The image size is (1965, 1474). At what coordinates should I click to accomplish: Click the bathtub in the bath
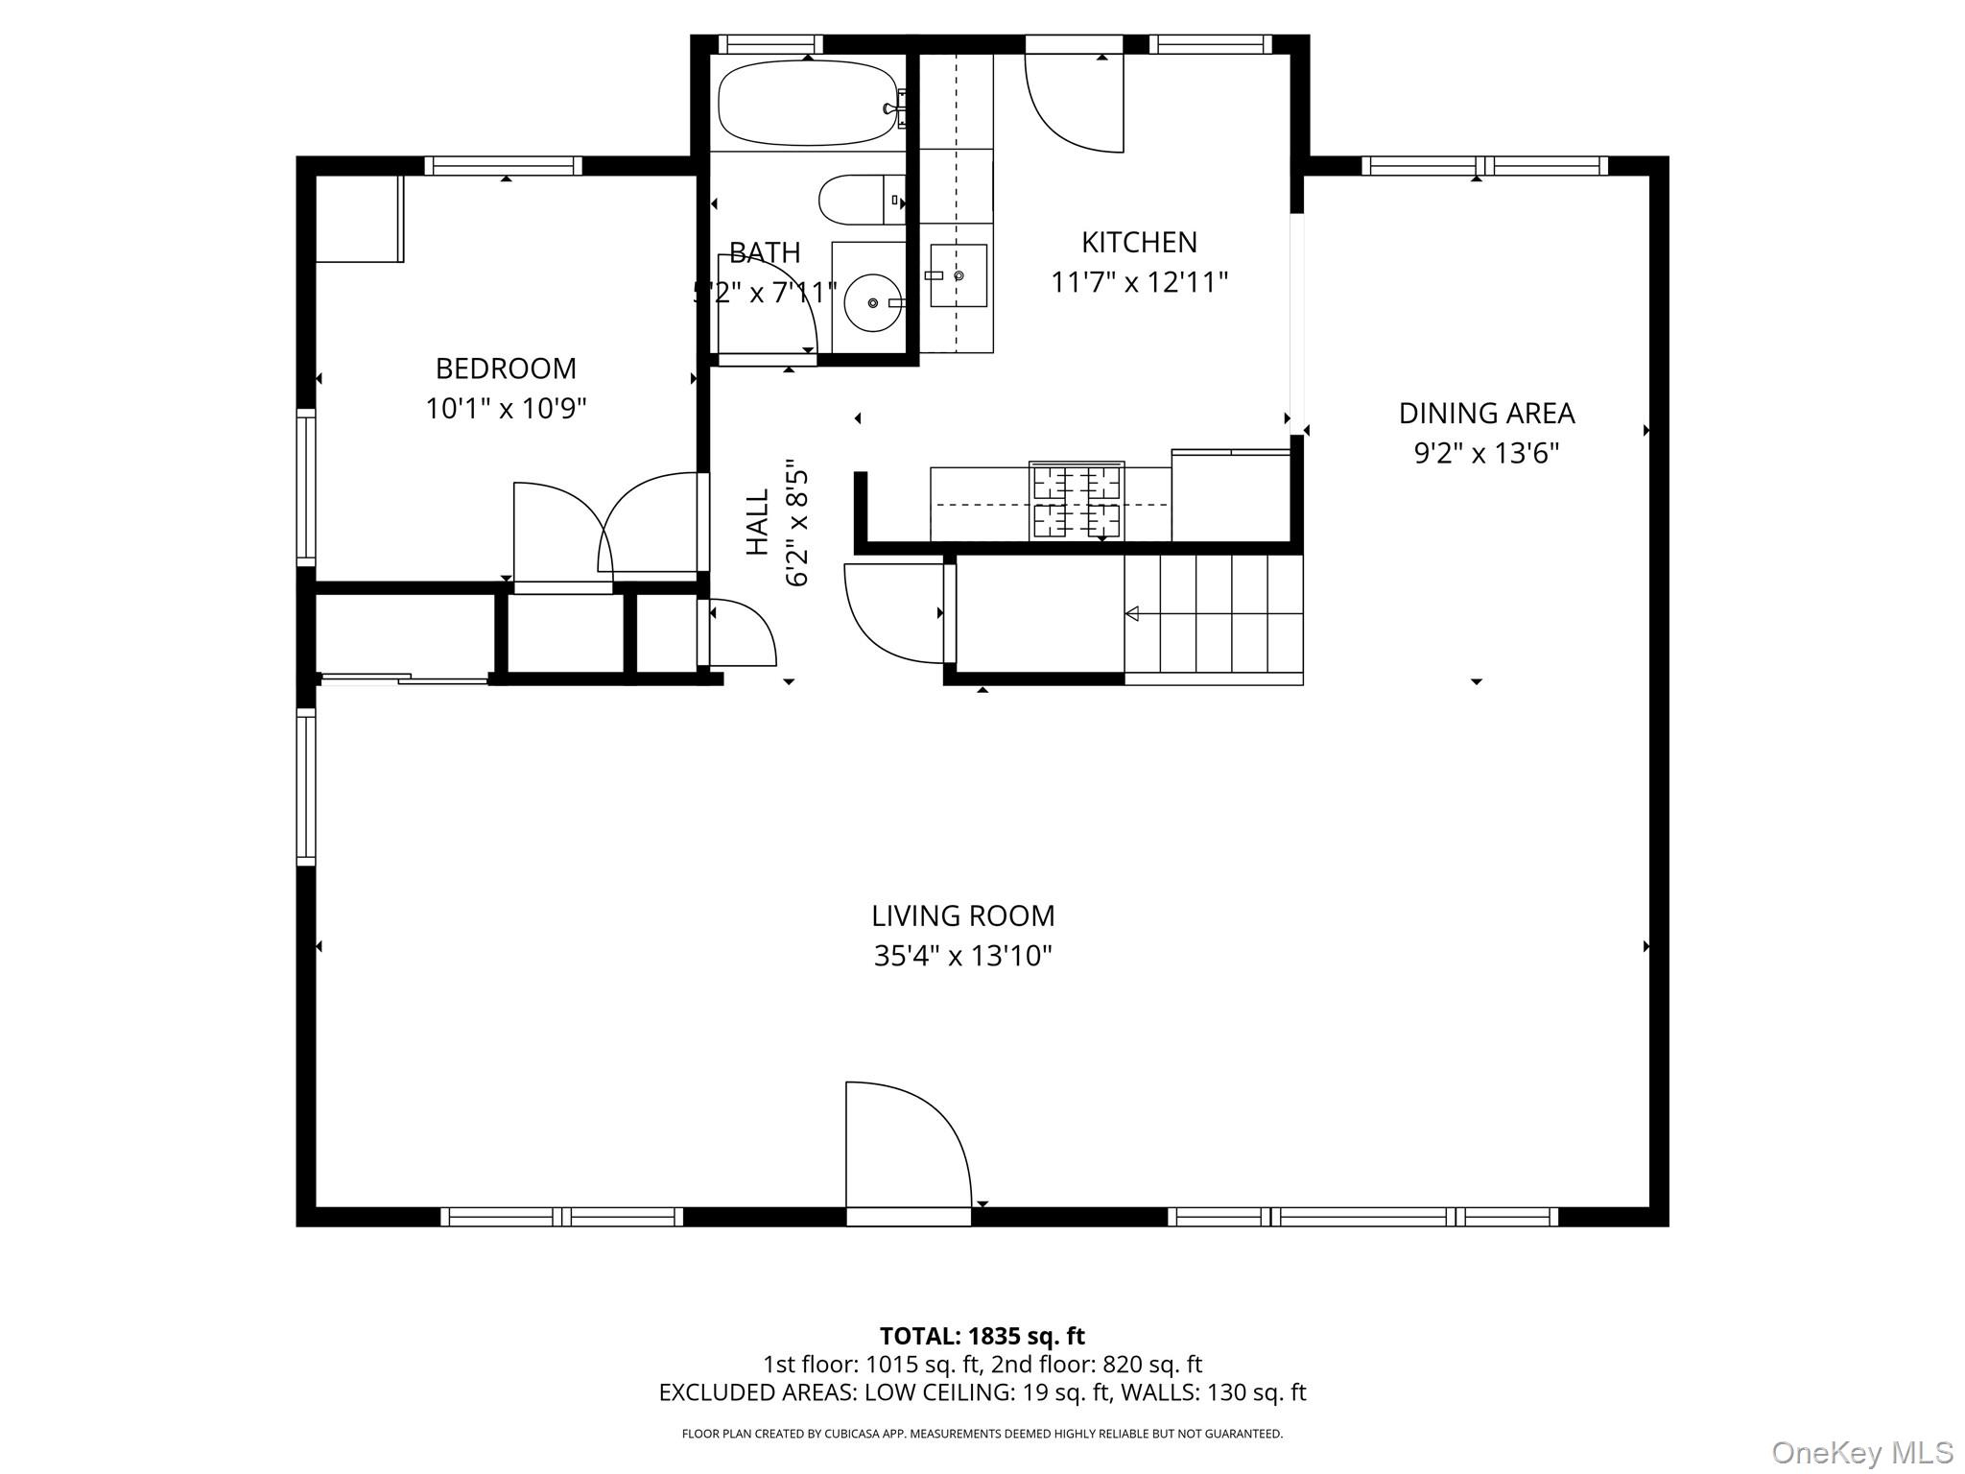click(x=808, y=103)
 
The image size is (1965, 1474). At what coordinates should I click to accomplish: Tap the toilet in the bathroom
click(x=862, y=200)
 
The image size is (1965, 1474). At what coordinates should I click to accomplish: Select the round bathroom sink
click(x=872, y=302)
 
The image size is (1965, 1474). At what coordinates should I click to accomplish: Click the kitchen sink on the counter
click(x=958, y=275)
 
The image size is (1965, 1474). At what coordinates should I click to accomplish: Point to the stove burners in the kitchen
click(x=1077, y=502)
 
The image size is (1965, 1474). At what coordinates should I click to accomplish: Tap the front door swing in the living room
click(x=908, y=1144)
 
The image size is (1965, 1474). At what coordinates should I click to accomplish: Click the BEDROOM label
click(x=506, y=368)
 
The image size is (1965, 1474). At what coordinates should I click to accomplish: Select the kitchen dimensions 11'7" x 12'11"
click(x=1139, y=283)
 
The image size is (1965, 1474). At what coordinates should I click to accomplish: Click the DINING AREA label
click(x=1486, y=414)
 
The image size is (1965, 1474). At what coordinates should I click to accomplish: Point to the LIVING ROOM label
click(x=962, y=916)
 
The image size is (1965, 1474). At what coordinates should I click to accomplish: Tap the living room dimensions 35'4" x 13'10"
click(x=962, y=957)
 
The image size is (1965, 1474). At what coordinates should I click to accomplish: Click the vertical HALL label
click(x=758, y=522)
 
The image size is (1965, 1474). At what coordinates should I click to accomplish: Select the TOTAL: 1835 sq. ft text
click(x=982, y=1336)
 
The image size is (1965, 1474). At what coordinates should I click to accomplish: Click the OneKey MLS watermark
click(x=1861, y=1452)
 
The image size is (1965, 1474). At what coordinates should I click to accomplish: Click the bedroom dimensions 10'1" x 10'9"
click(x=506, y=409)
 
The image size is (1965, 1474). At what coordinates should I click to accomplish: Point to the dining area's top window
click(x=1484, y=166)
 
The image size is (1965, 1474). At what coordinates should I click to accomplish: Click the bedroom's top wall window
click(x=504, y=166)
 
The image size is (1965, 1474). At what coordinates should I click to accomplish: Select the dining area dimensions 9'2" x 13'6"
click(x=1486, y=453)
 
